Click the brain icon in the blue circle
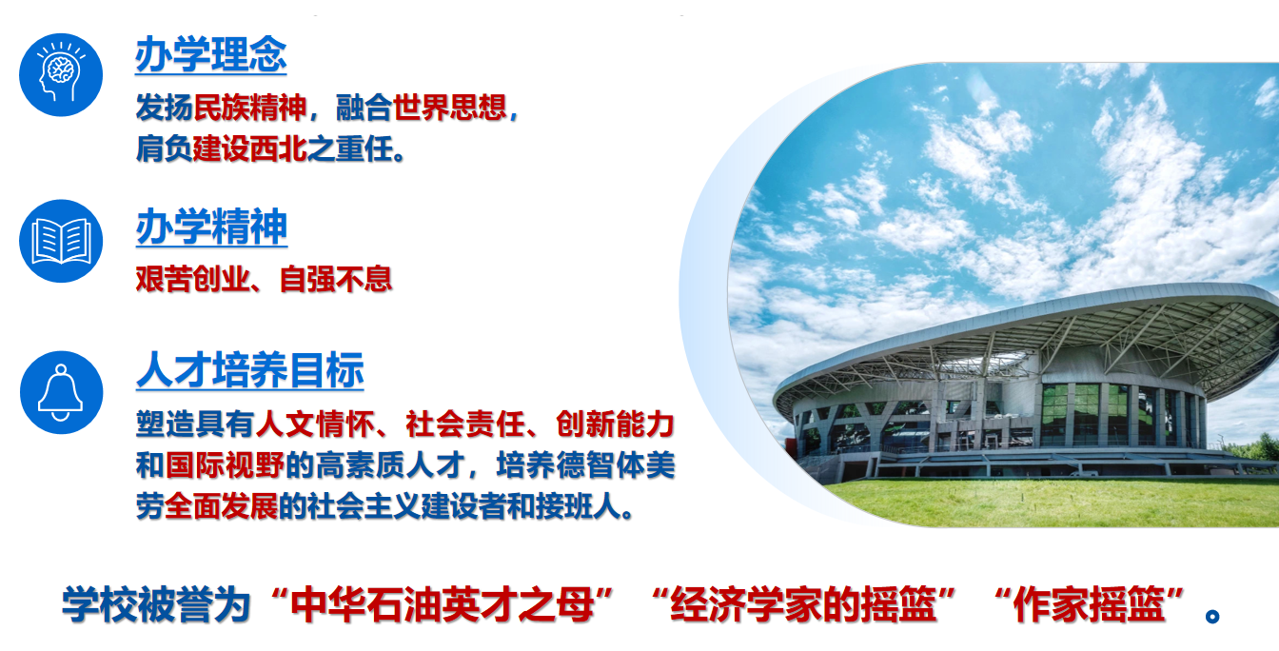(x=61, y=75)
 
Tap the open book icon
(x=61, y=241)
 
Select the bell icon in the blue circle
(x=61, y=392)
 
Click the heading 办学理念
(x=210, y=55)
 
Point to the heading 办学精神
(x=211, y=227)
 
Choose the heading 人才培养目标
(x=249, y=370)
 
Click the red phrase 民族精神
(x=250, y=108)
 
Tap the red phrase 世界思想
(x=450, y=108)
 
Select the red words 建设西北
(x=250, y=148)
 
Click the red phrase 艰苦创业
(x=193, y=279)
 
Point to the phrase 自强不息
(x=336, y=279)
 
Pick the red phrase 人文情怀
(x=315, y=424)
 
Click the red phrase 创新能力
(x=615, y=424)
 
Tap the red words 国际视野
(x=225, y=464)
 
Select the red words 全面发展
(x=222, y=506)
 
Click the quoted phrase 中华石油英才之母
(x=443, y=604)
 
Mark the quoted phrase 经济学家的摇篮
(x=803, y=604)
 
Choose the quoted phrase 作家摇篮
(x=1089, y=604)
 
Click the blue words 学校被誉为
(x=156, y=604)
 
